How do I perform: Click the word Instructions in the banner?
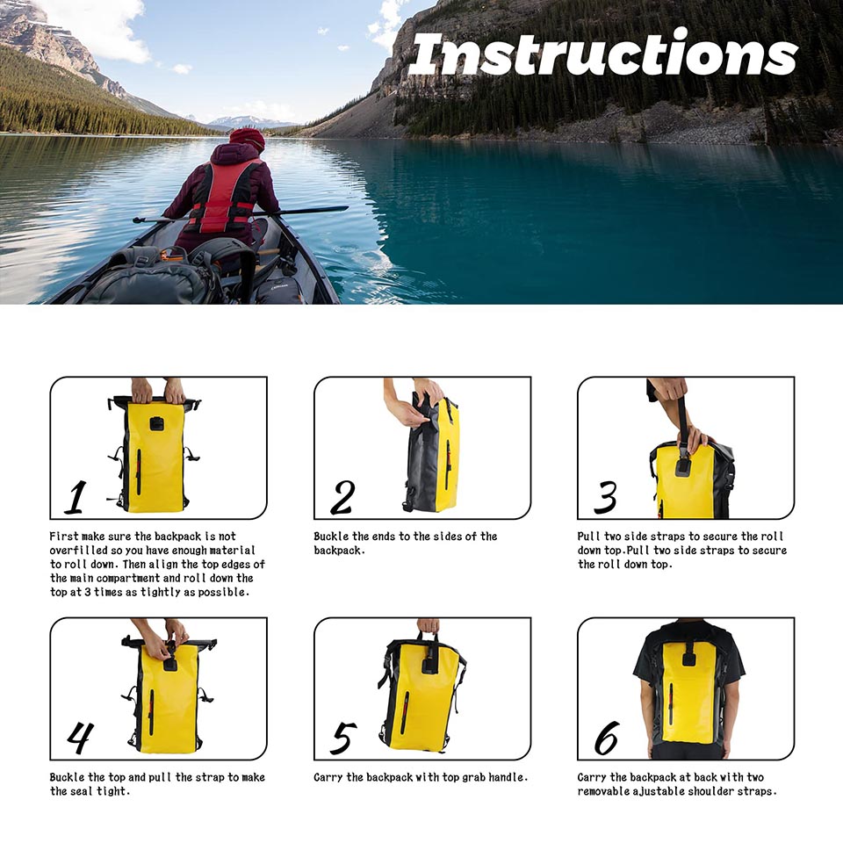(x=603, y=54)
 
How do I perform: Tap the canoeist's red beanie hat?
(x=248, y=139)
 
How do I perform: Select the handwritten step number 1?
(x=76, y=497)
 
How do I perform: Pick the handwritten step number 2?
(x=342, y=497)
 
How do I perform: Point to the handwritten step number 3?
(x=605, y=497)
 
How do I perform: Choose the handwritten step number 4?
(x=80, y=738)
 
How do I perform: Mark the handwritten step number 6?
(x=607, y=738)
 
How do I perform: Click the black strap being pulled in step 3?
(x=683, y=424)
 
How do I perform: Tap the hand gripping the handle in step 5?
(x=428, y=626)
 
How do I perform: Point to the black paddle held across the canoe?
(x=241, y=214)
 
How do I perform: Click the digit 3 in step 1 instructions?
(x=87, y=593)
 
